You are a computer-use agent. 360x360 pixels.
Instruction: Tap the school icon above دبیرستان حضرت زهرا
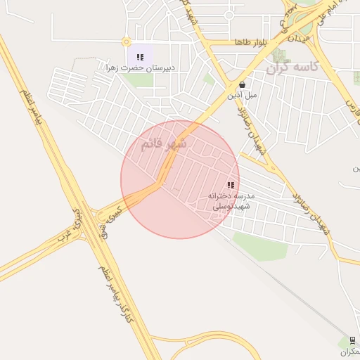coord(140,57)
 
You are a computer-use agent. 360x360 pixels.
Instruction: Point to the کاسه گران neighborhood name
coord(293,67)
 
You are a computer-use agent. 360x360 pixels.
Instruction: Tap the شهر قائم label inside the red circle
coord(164,143)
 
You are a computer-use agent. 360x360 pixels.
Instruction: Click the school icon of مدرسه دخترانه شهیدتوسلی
coord(230,185)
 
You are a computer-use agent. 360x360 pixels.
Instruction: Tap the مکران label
coord(349,351)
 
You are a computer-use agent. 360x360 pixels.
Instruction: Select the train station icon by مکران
coord(352,339)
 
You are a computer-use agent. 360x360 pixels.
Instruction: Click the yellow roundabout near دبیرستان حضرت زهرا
coord(126,42)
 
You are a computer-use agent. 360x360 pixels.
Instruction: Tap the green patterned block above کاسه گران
coord(280,55)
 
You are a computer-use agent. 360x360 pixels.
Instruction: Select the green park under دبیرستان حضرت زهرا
coord(141,80)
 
